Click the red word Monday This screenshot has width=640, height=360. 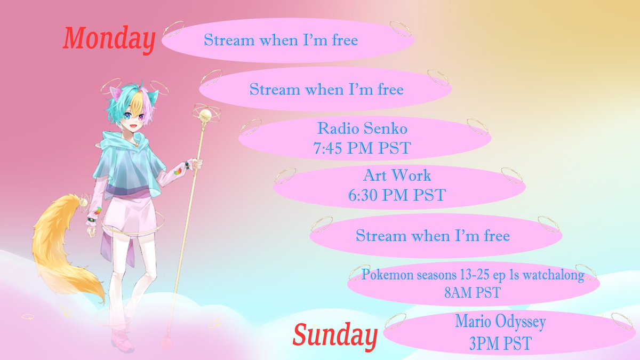109,39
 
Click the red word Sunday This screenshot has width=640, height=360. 335,335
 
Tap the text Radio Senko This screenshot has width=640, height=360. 364,129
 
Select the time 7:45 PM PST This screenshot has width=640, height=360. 364,148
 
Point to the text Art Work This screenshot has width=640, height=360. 397,175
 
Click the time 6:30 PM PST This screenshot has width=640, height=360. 397,195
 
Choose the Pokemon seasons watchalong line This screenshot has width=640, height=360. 473,276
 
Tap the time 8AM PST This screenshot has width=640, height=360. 473,293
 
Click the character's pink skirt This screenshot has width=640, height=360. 128,213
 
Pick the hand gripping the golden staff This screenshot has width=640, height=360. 196,163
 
